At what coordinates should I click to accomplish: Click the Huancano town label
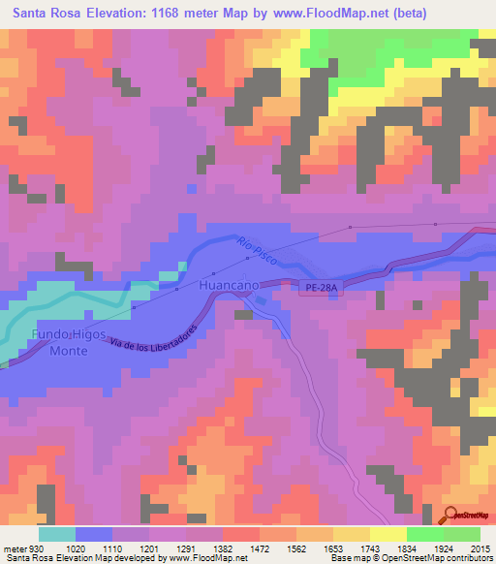click(228, 288)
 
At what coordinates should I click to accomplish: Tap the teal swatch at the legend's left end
click(57, 534)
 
